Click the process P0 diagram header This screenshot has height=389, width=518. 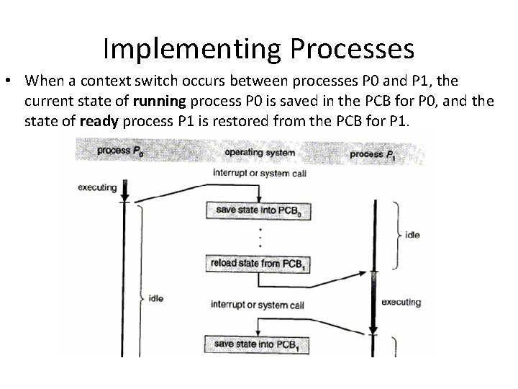click(x=119, y=151)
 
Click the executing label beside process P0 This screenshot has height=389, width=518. click(x=96, y=187)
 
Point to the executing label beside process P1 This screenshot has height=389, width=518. click(x=401, y=302)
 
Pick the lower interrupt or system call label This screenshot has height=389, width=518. click(x=257, y=305)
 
